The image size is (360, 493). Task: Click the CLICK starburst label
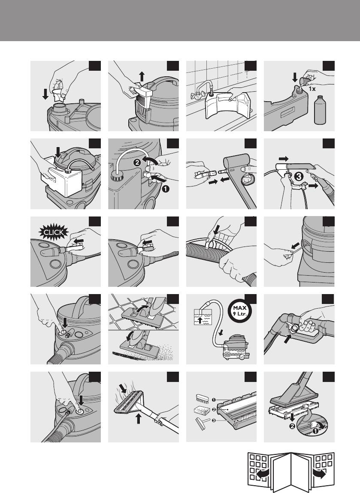click(x=54, y=233)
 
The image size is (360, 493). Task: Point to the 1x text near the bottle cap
click(x=312, y=89)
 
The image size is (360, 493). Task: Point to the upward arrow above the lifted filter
click(x=142, y=76)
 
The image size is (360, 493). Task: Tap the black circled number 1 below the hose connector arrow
click(x=166, y=189)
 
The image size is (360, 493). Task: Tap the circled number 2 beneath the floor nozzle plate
click(x=292, y=427)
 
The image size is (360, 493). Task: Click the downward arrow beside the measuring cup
click(x=45, y=94)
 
